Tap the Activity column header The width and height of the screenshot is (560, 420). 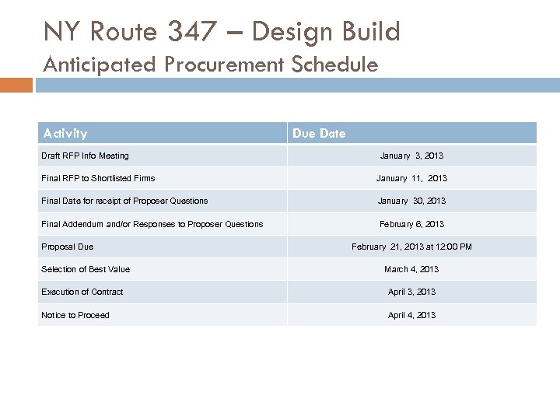(65, 134)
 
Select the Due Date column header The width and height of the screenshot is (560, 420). (319, 134)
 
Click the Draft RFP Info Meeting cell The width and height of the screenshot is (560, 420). (86, 156)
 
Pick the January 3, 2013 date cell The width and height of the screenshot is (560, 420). (411, 156)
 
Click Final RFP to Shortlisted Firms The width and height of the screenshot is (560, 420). (98, 178)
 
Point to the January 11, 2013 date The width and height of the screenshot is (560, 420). (411, 178)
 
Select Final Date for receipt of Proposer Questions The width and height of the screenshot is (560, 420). (124, 201)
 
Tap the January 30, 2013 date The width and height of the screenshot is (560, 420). (411, 201)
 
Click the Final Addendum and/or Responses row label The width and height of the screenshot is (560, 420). (152, 224)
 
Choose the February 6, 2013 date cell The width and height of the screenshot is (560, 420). (411, 224)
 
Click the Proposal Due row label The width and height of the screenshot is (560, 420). (67, 247)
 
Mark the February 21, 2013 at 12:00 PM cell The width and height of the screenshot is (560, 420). (411, 247)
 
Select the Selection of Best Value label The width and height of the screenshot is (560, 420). (86, 269)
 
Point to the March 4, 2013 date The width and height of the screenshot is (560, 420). (411, 269)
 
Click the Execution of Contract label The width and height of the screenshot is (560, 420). (82, 292)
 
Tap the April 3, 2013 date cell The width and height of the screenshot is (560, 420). (411, 292)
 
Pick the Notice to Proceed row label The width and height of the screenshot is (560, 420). (75, 315)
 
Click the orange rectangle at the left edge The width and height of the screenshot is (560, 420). (16, 84)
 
